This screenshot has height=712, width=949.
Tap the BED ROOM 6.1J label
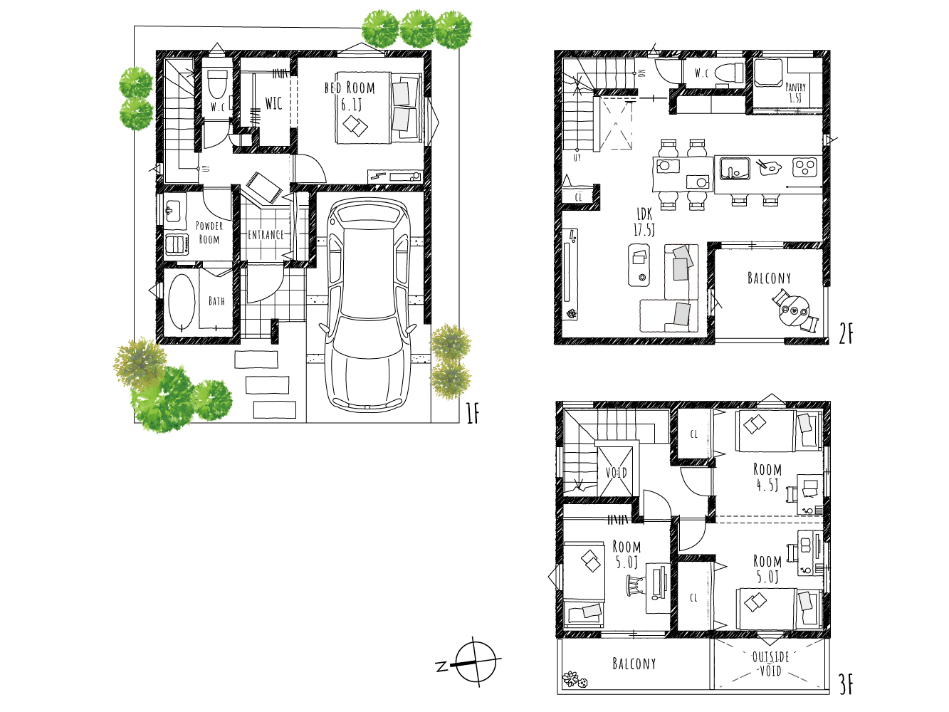tap(350, 95)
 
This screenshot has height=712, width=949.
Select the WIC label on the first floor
tap(273, 104)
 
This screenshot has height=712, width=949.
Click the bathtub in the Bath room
tap(182, 302)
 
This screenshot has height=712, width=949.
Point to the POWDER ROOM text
tap(209, 233)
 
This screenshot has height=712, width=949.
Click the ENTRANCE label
tap(266, 234)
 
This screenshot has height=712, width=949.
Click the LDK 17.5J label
tap(644, 221)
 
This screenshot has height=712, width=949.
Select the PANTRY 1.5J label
tap(795, 93)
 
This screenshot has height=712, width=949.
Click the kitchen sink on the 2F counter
tap(733, 169)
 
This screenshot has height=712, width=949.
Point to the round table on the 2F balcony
tap(795, 310)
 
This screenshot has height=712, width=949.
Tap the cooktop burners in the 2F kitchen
tap(804, 168)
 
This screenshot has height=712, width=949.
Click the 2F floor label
tap(845, 333)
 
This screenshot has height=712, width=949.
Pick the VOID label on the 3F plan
tap(616, 473)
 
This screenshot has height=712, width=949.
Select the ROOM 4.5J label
tap(767, 477)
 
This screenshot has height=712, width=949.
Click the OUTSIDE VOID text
tap(770, 664)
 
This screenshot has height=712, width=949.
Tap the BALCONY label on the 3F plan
tap(634, 664)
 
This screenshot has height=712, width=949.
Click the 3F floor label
tap(845, 684)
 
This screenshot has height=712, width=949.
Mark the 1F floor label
tap(472, 413)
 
